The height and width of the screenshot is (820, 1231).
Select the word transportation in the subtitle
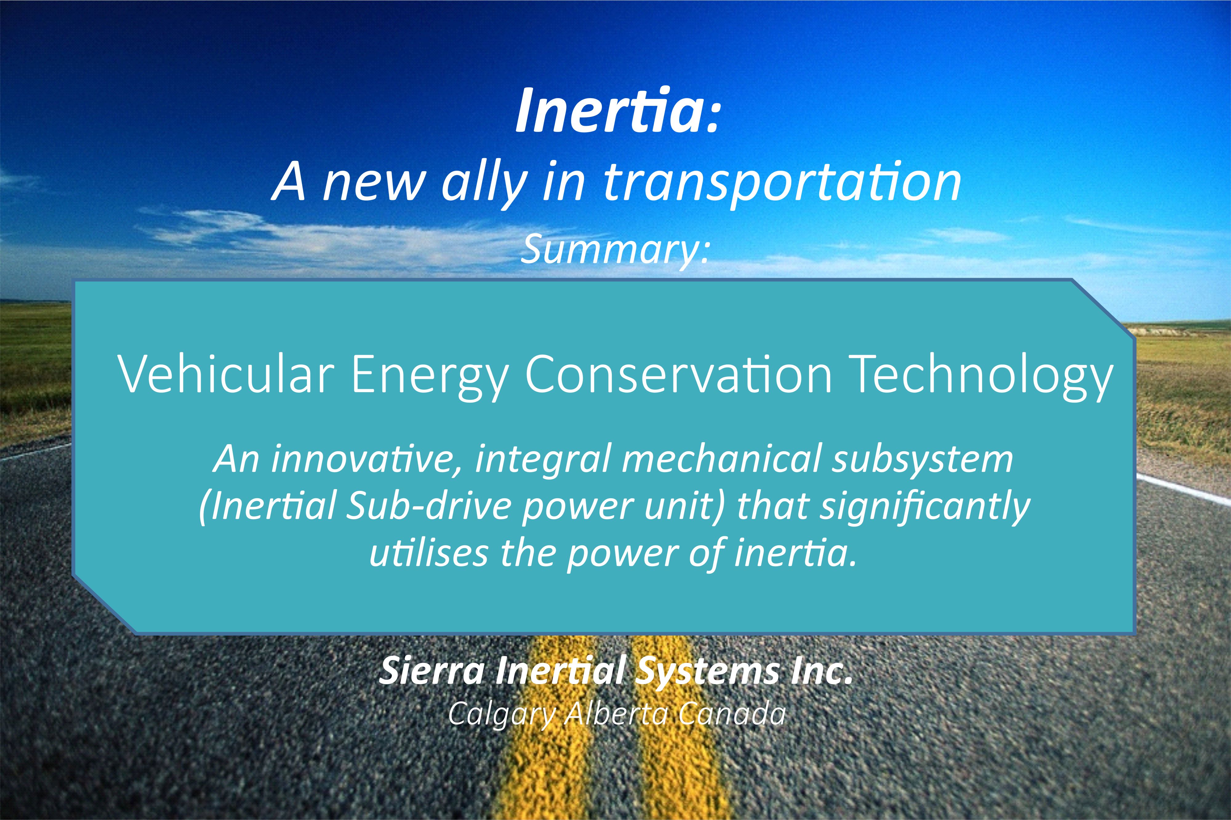point(782,184)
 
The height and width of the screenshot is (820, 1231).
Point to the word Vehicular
point(226,374)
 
